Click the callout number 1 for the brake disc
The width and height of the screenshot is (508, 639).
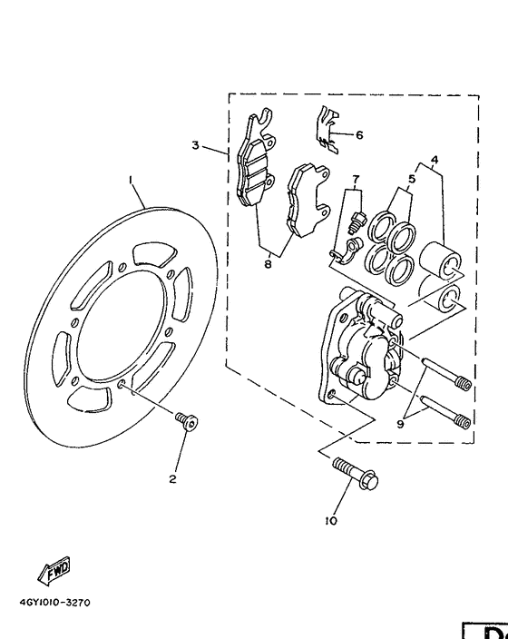(131, 180)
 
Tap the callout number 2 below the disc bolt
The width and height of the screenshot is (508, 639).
(171, 479)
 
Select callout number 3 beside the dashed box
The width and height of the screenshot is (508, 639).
(194, 145)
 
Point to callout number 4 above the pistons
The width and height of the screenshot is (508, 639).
(435, 161)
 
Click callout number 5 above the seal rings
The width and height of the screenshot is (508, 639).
(411, 180)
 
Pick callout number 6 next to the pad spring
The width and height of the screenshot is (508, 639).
(359, 135)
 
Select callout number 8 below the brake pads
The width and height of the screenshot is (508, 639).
(267, 264)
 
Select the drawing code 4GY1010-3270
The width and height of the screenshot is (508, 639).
(54, 602)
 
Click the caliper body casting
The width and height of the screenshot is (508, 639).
(358, 349)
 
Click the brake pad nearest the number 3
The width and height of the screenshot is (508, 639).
(257, 167)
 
